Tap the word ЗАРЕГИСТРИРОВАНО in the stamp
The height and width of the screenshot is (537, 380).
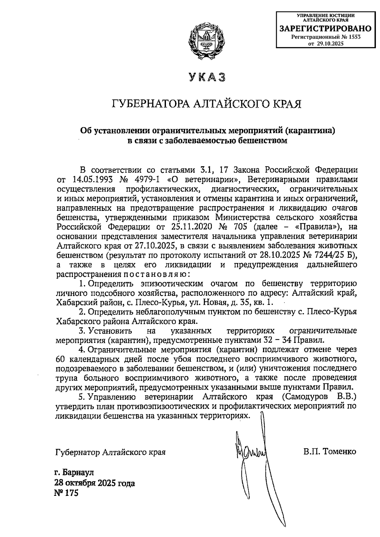coord(326,29)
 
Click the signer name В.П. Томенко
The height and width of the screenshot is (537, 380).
coord(329,451)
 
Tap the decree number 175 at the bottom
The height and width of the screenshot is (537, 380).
coord(71,493)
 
